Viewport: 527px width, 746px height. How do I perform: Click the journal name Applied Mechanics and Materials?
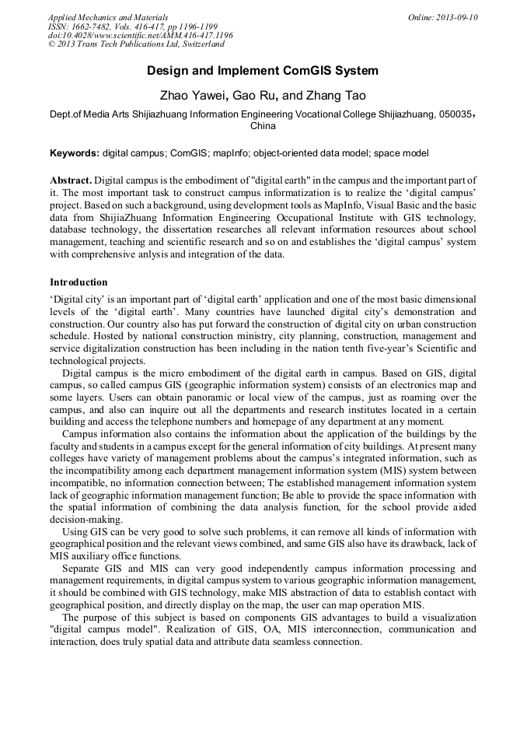click(108, 16)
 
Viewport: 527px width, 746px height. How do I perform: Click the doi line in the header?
click(140, 35)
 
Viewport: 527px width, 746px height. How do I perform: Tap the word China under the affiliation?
click(263, 125)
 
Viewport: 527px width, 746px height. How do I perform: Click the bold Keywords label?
click(75, 153)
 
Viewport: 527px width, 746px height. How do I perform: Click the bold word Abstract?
click(71, 180)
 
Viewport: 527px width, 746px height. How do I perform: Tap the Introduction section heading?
click(79, 282)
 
